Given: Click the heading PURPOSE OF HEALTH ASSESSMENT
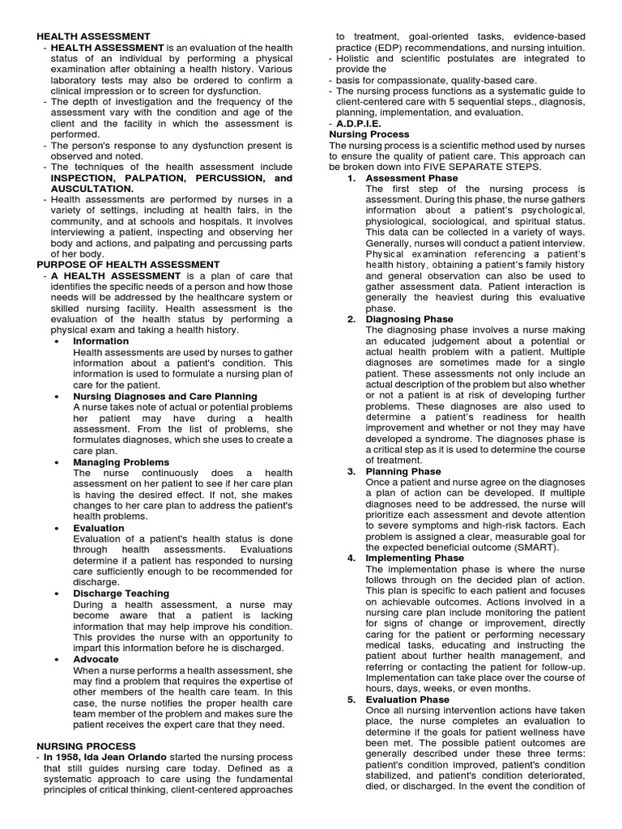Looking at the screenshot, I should (128, 264).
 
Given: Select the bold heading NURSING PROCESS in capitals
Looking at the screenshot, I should (87, 746).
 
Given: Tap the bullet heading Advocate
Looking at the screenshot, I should (96, 659).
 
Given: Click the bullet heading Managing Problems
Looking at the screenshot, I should (121, 462).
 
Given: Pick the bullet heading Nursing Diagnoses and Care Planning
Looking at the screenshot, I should (165, 396).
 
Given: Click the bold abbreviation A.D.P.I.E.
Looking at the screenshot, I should (361, 123).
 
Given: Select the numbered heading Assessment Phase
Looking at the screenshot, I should (411, 178).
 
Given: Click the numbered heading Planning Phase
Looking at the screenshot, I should (403, 471).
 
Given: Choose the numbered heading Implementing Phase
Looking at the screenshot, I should (415, 558).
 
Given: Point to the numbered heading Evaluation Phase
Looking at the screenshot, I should (407, 699).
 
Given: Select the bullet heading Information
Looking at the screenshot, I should (100, 342).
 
